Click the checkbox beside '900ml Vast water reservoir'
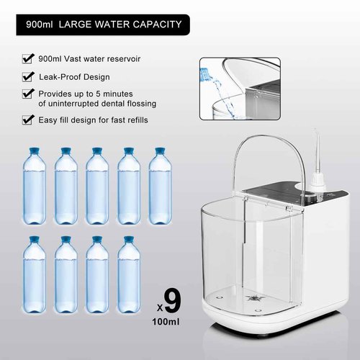pyautogui.click(x=28, y=58)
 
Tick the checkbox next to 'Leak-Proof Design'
pyautogui.click(x=28, y=76)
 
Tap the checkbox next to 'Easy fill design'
pyautogui.click(x=28, y=120)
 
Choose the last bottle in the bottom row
pyautogui.click(x=128, y=277)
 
